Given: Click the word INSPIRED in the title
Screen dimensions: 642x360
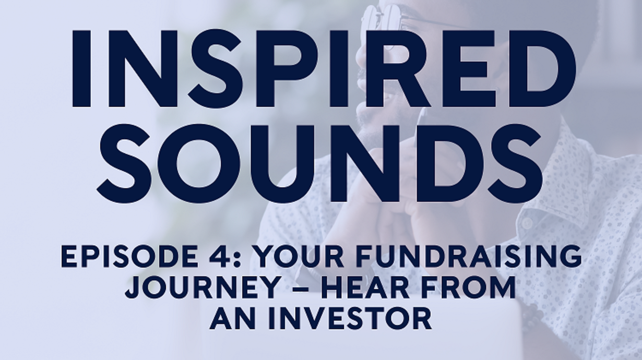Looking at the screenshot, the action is click(x=324, y=69).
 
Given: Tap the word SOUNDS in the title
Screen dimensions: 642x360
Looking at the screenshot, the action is click(x=319, y=163).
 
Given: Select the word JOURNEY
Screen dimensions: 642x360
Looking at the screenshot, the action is click(x=203, y=287).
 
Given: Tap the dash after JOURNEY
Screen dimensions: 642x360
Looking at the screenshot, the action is click(x=300, y=289).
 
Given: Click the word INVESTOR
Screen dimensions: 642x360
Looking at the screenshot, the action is click(x=350, y=318).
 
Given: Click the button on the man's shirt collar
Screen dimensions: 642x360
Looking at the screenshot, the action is click(x=527, y=223).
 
